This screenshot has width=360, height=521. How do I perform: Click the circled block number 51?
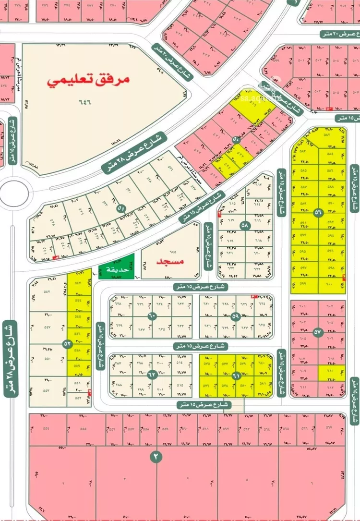(x=121, y=209)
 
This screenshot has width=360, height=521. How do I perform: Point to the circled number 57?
(x=317, y=331)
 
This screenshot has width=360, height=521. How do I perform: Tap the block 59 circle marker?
(x=235, y=316)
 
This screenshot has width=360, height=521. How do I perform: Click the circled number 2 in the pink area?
(x=156, y=457)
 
